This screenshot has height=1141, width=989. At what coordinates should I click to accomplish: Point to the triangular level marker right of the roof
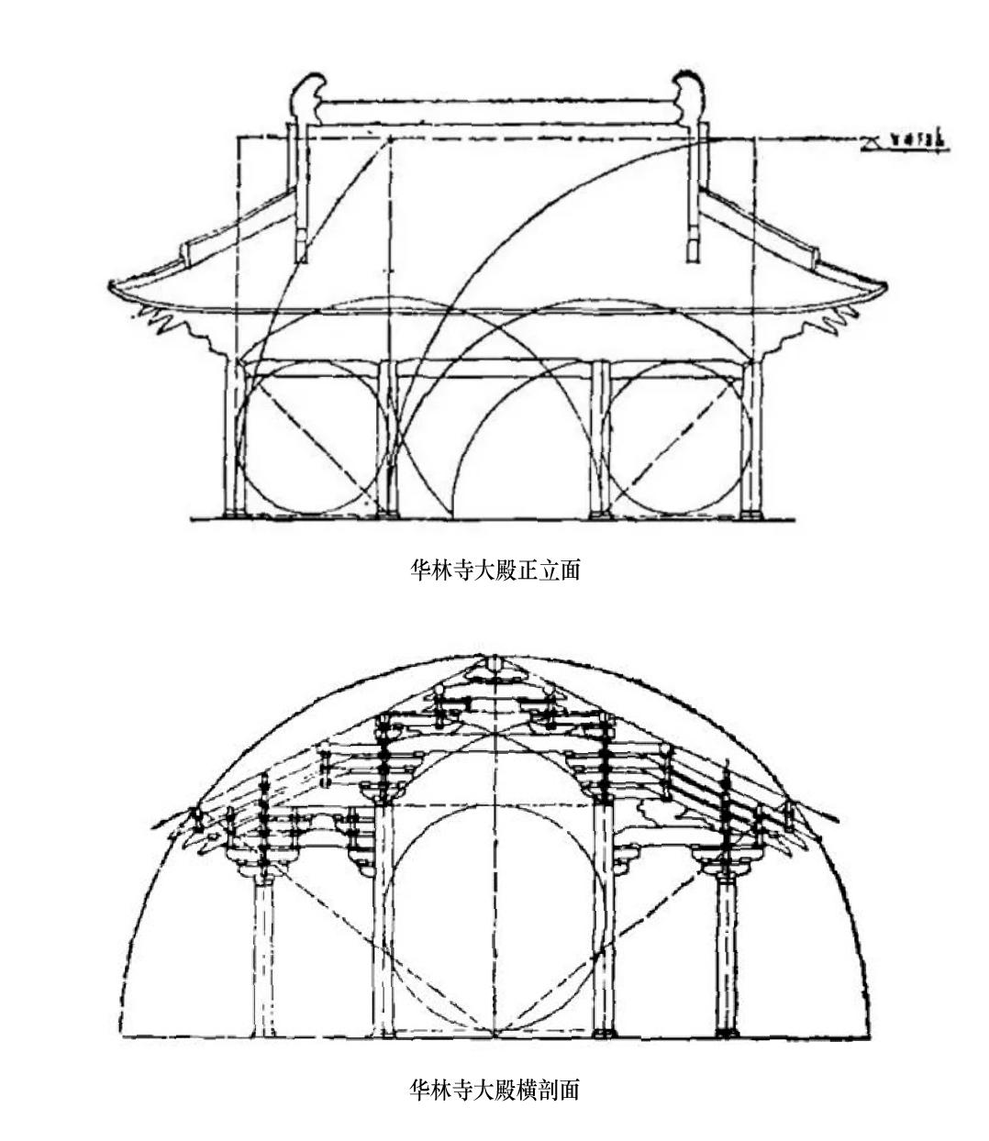point(872,140)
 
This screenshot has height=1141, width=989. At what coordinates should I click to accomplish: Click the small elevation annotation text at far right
point(918,140)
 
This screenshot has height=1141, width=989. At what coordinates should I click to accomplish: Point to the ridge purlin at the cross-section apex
point(495,663)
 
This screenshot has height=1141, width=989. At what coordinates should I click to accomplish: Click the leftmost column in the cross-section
point(264,954)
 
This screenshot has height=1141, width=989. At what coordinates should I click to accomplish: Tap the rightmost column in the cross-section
point(727,954)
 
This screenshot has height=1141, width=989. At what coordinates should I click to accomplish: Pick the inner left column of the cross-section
point(383,917)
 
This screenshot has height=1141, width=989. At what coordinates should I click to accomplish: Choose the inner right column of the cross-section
point(604,917)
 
